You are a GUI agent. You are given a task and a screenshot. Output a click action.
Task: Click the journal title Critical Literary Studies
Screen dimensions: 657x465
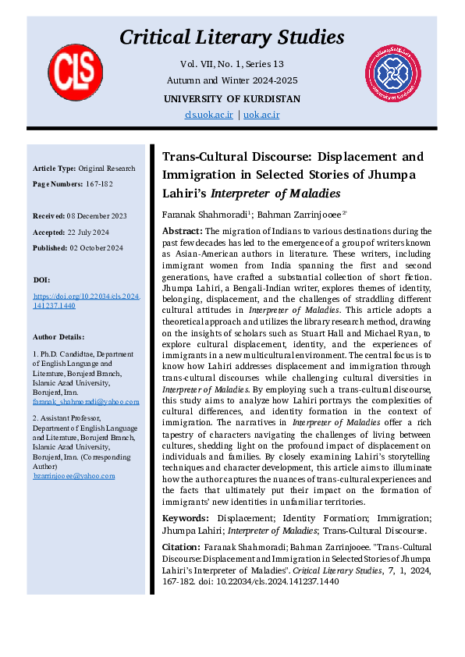232,37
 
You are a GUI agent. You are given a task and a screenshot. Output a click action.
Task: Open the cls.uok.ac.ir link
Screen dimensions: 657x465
209,115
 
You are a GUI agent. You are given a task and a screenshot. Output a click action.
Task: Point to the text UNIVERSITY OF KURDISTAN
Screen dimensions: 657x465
232,98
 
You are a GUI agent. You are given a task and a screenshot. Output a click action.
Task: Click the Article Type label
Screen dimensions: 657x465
55,169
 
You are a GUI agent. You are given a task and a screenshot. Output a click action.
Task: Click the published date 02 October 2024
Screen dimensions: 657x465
94,247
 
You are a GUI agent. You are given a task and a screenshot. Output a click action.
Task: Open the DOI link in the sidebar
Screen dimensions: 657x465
85,302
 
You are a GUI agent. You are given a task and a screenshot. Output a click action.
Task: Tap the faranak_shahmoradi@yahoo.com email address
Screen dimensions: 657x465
86,402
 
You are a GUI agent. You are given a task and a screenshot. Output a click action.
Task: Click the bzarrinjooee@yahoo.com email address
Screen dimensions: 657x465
75,475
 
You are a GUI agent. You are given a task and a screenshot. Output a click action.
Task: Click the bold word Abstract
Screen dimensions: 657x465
182,231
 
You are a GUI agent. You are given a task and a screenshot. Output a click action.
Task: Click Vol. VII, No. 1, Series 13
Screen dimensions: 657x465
232,64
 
